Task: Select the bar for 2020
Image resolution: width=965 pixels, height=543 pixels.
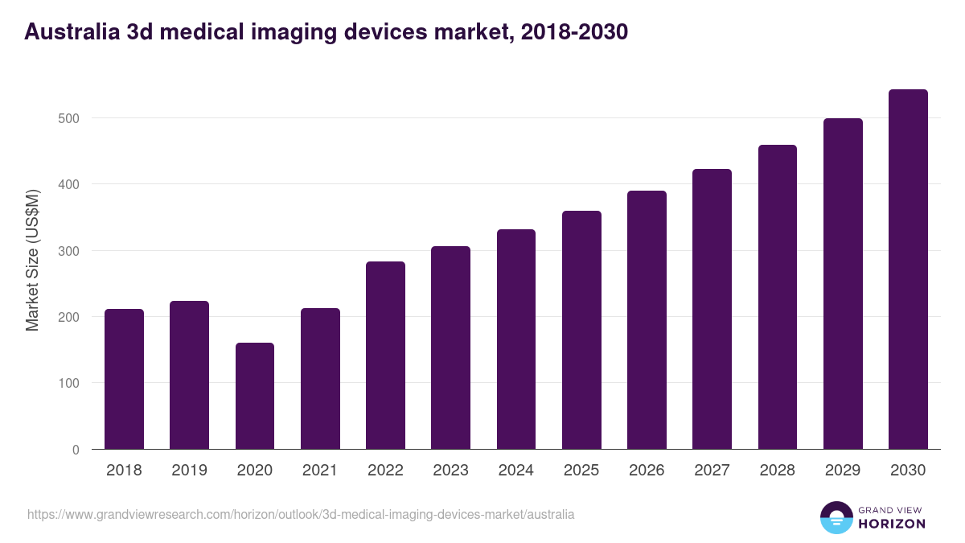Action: (x=255, y=396)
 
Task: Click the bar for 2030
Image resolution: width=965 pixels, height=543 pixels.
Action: (x=908, y=269)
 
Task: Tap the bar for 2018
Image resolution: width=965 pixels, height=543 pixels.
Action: (x=124, y=379)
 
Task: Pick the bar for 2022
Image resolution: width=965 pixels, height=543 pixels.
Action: (x=385, y=356)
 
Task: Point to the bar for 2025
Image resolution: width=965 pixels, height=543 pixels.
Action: (x=581, y=330)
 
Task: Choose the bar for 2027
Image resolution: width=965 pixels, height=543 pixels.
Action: (x=712, y=309)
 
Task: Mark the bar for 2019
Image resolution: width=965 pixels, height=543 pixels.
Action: (x=189, y=375)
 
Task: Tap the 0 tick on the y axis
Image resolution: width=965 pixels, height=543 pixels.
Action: (x=76, y=450)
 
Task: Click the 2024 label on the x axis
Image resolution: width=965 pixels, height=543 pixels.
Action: (x=515, y=471)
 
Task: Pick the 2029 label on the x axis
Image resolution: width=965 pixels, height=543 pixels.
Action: (x=842, y=471)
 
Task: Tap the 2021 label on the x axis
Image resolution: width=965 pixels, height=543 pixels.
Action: (x=319, y=471)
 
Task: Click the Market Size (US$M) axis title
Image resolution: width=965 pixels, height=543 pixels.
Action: (x=33, y=261)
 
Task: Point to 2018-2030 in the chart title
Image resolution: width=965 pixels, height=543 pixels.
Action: (x=574, y=32)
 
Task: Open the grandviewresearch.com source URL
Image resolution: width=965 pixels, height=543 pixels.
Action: (x=301, y=514)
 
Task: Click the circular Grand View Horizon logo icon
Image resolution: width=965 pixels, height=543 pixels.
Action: (x=836, y=517)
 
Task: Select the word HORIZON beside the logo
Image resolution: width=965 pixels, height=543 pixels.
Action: (x=892, y=524)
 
